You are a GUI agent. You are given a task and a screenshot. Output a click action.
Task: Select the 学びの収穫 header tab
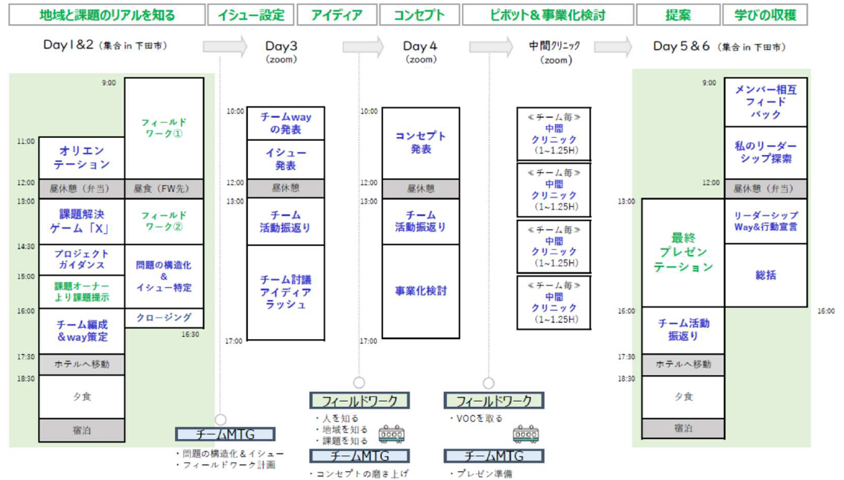(x=764, y=15)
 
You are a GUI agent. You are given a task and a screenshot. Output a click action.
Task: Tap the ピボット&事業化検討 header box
(x=548, y=15)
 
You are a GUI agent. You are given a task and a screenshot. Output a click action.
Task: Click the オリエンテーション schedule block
(x=82, y=158)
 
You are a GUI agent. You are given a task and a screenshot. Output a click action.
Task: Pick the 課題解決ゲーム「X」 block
(x=82, y=221)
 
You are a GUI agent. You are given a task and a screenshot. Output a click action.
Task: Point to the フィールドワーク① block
(x=164, y=127)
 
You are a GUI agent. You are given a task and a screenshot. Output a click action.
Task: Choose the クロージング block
(x=164, y=318)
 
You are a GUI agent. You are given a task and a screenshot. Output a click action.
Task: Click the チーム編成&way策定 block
(x=82, y=331)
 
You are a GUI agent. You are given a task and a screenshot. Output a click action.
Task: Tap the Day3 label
(x=281, y=46)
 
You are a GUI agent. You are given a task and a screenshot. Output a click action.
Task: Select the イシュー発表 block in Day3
(x=285, y=160)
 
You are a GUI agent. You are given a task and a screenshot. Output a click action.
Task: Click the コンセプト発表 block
(x=421, y=143)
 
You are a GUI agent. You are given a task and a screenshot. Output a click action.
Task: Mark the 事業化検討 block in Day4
(x=421, y=291)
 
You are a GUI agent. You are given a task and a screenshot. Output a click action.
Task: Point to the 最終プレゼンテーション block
(x=682, y=252)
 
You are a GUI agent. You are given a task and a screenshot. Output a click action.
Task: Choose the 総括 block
(x=766, y=275)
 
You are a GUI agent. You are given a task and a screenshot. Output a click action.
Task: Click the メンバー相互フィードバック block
(x=766, y=102)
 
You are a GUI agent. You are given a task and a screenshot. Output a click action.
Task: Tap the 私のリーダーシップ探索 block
(x=766, y=153)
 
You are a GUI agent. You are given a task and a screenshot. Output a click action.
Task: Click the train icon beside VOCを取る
(x=525, y=434)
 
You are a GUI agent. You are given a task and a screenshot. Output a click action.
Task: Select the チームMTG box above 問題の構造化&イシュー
(x=225, y=434)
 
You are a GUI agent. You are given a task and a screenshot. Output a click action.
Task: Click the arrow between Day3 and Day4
(x=363, y=46)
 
